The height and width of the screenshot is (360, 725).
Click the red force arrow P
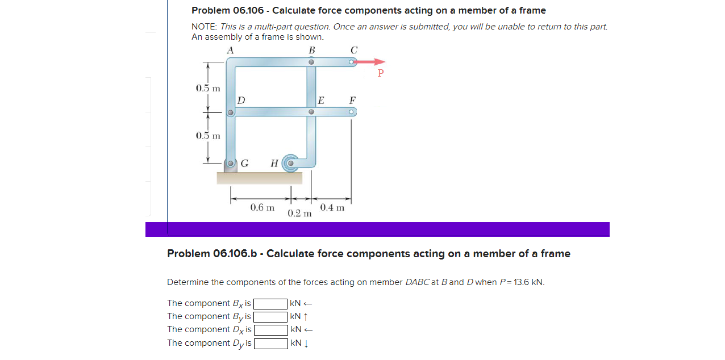[x=372, y=62]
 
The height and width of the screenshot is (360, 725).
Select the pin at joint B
[x=311, y=62]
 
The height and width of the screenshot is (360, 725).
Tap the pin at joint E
[x=311, y=112]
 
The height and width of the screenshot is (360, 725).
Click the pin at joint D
[x=230, y=112]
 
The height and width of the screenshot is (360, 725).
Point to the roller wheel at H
[x=290, y=163]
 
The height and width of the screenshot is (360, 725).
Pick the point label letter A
[x=230, y=50]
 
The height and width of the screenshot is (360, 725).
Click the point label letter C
[x=353, y=50]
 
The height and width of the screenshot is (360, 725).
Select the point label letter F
[x=352, y=101]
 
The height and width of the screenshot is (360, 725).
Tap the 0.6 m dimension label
[x=262, y=208]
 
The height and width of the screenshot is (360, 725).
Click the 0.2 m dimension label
[x=299, y=214]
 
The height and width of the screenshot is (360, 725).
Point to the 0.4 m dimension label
[x=332, y=208]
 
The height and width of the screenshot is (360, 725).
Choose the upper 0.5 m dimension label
[x=208, y=88]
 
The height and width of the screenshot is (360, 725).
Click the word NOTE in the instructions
[x=204, y=27]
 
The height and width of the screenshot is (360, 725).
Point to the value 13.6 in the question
[x=522, y=282]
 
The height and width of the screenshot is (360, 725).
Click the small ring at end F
[x=352, y=112]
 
